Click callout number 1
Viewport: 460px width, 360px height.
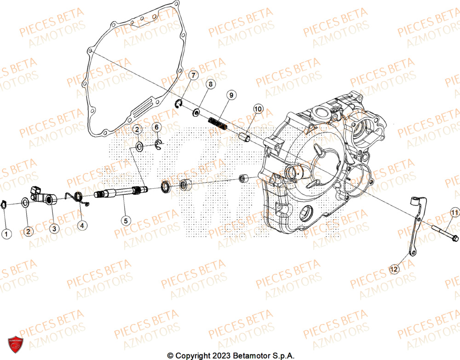(6, 234)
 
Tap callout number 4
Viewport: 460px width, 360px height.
(81, 226)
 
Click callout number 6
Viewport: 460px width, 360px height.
(156, 127)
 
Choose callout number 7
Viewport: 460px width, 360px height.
(192, 75)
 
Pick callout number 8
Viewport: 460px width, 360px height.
(210, 84)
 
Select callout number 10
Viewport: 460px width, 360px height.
(258, 109)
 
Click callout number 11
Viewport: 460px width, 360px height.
(454, 213)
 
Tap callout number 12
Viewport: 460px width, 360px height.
(394, 269)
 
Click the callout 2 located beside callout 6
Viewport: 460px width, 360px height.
(137, 130)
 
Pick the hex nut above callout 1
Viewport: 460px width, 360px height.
(3, 204)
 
